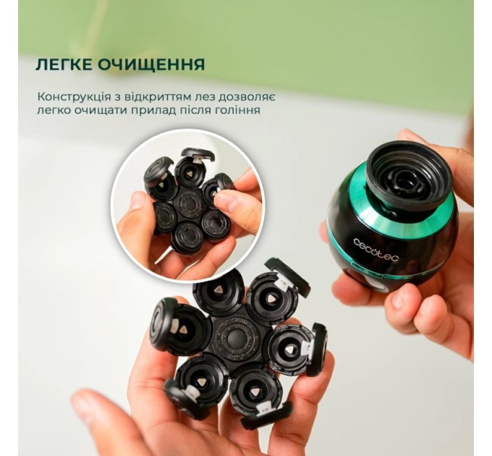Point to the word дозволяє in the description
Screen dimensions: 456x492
coord(249,96)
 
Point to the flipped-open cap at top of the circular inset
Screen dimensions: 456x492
coord(197,155)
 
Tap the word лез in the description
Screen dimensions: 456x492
coord(190,96)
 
